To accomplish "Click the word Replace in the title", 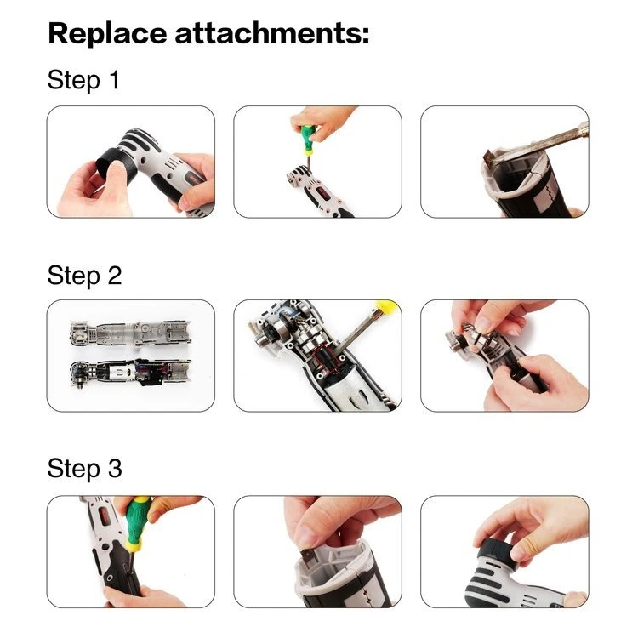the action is coord(107,34).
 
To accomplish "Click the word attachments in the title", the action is coord(267,33).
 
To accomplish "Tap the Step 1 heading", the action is coord(84,79).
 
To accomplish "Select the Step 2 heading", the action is coord(84,276).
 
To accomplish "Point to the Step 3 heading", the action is coord(84,469).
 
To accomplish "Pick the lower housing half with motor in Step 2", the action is coord(130,373).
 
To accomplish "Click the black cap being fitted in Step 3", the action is coord(498,551).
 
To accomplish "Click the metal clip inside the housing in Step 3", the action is coord(309,561).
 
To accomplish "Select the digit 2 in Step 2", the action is coord(115,276).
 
